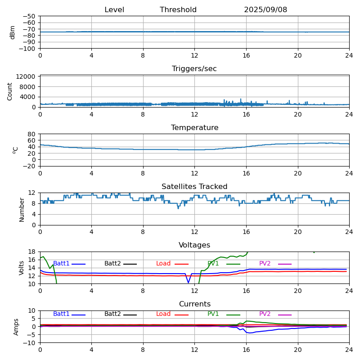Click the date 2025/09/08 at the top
tap(265, 10)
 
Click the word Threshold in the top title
tap(178, 10)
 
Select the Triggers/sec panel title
tap(194, 69)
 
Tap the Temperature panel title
tap(194, 128)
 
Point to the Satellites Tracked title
tap(194, 187)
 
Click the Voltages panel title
tap(194, 245)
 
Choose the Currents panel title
tap(194, 304)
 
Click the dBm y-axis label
tap(13, 32)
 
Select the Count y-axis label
tap(10, 91)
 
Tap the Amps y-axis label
tap(16, 327)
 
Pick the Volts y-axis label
tap(22, 268)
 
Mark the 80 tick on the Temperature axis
tap(31, 134)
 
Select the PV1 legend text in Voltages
tap(213, 264)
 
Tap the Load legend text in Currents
tap(163, 314)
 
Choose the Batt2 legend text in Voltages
tap(112, 264)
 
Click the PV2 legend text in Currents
tap(265, 314)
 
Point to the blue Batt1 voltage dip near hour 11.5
tap(188, 282)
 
